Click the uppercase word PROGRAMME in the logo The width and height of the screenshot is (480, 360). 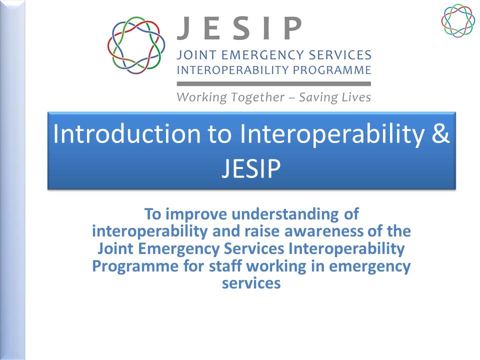(x=332, y=70)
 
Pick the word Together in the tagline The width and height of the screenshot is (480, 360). (x=257, y=97)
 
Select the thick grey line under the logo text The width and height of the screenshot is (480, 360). (x=273, y=83)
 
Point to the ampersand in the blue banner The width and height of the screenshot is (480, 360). (x=441, y=133)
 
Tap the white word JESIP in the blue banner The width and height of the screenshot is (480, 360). (x=251, y=168)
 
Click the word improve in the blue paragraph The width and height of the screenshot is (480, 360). (x=197, y=214)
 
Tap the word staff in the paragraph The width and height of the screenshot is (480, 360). (x=226, y=265)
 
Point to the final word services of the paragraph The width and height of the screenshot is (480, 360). (x=251, y=283)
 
